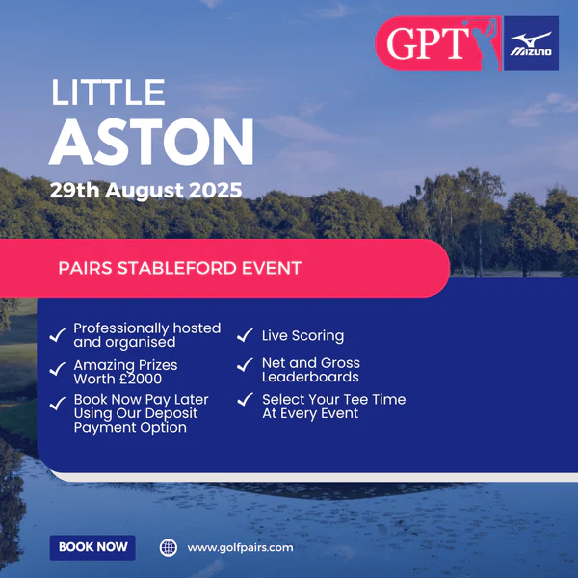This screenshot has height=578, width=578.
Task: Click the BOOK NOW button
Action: (x=92, y=547)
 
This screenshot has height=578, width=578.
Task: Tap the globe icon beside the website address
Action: (x=169, y=548)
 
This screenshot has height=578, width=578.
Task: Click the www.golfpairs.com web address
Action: (x=240, y=548)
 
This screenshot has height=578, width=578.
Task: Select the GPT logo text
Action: (x=428, y=43)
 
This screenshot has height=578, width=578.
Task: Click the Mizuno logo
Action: (x=531, y=43)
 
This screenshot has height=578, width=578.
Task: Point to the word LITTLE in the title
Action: (x=108, y=92)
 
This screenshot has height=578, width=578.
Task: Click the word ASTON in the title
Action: (x=151, y=142)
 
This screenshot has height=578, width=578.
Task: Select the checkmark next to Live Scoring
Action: (x=245, y=335)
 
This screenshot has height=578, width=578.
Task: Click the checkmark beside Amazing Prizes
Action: (x=58, y=369)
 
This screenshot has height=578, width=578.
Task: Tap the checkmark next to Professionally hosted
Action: (x=58, y=335)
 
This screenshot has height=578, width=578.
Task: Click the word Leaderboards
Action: (x=310, y=377)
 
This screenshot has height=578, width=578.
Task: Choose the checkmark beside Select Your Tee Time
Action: (x=245, y=399)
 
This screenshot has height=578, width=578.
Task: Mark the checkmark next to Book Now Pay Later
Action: (x=58, y=403)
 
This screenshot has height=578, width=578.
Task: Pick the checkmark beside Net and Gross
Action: (x=245, y=364)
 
